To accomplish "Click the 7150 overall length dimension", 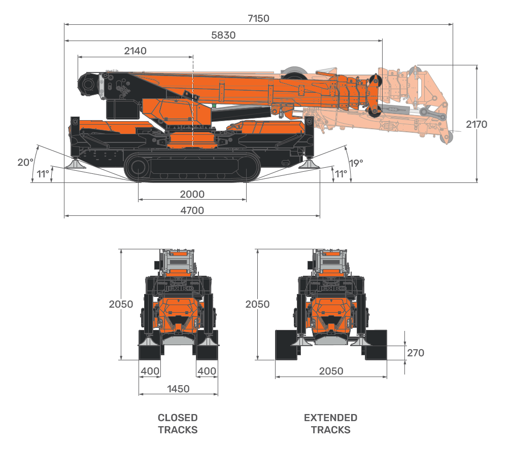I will pos(258,19).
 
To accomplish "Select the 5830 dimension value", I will pos(223,35).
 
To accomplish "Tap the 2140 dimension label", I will pos(135,51).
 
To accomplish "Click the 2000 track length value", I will pos(192,195).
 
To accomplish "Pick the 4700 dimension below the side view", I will pos(192,211).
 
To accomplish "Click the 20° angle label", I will pos(25,163).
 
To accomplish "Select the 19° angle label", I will pos(356,163).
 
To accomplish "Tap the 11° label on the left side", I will pos(43,174).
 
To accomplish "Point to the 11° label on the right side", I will pos(340,174).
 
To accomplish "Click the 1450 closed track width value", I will pos(178,389).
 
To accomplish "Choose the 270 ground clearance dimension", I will pos(416,353).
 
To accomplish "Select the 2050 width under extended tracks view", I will pos(331,371).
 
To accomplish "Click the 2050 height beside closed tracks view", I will pos(121,305).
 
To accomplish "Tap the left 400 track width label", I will pos(150,371).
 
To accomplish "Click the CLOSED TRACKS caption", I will pos(178,424).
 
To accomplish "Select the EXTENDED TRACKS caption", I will pos(331,424).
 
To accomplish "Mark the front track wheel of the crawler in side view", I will pos(138,169).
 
